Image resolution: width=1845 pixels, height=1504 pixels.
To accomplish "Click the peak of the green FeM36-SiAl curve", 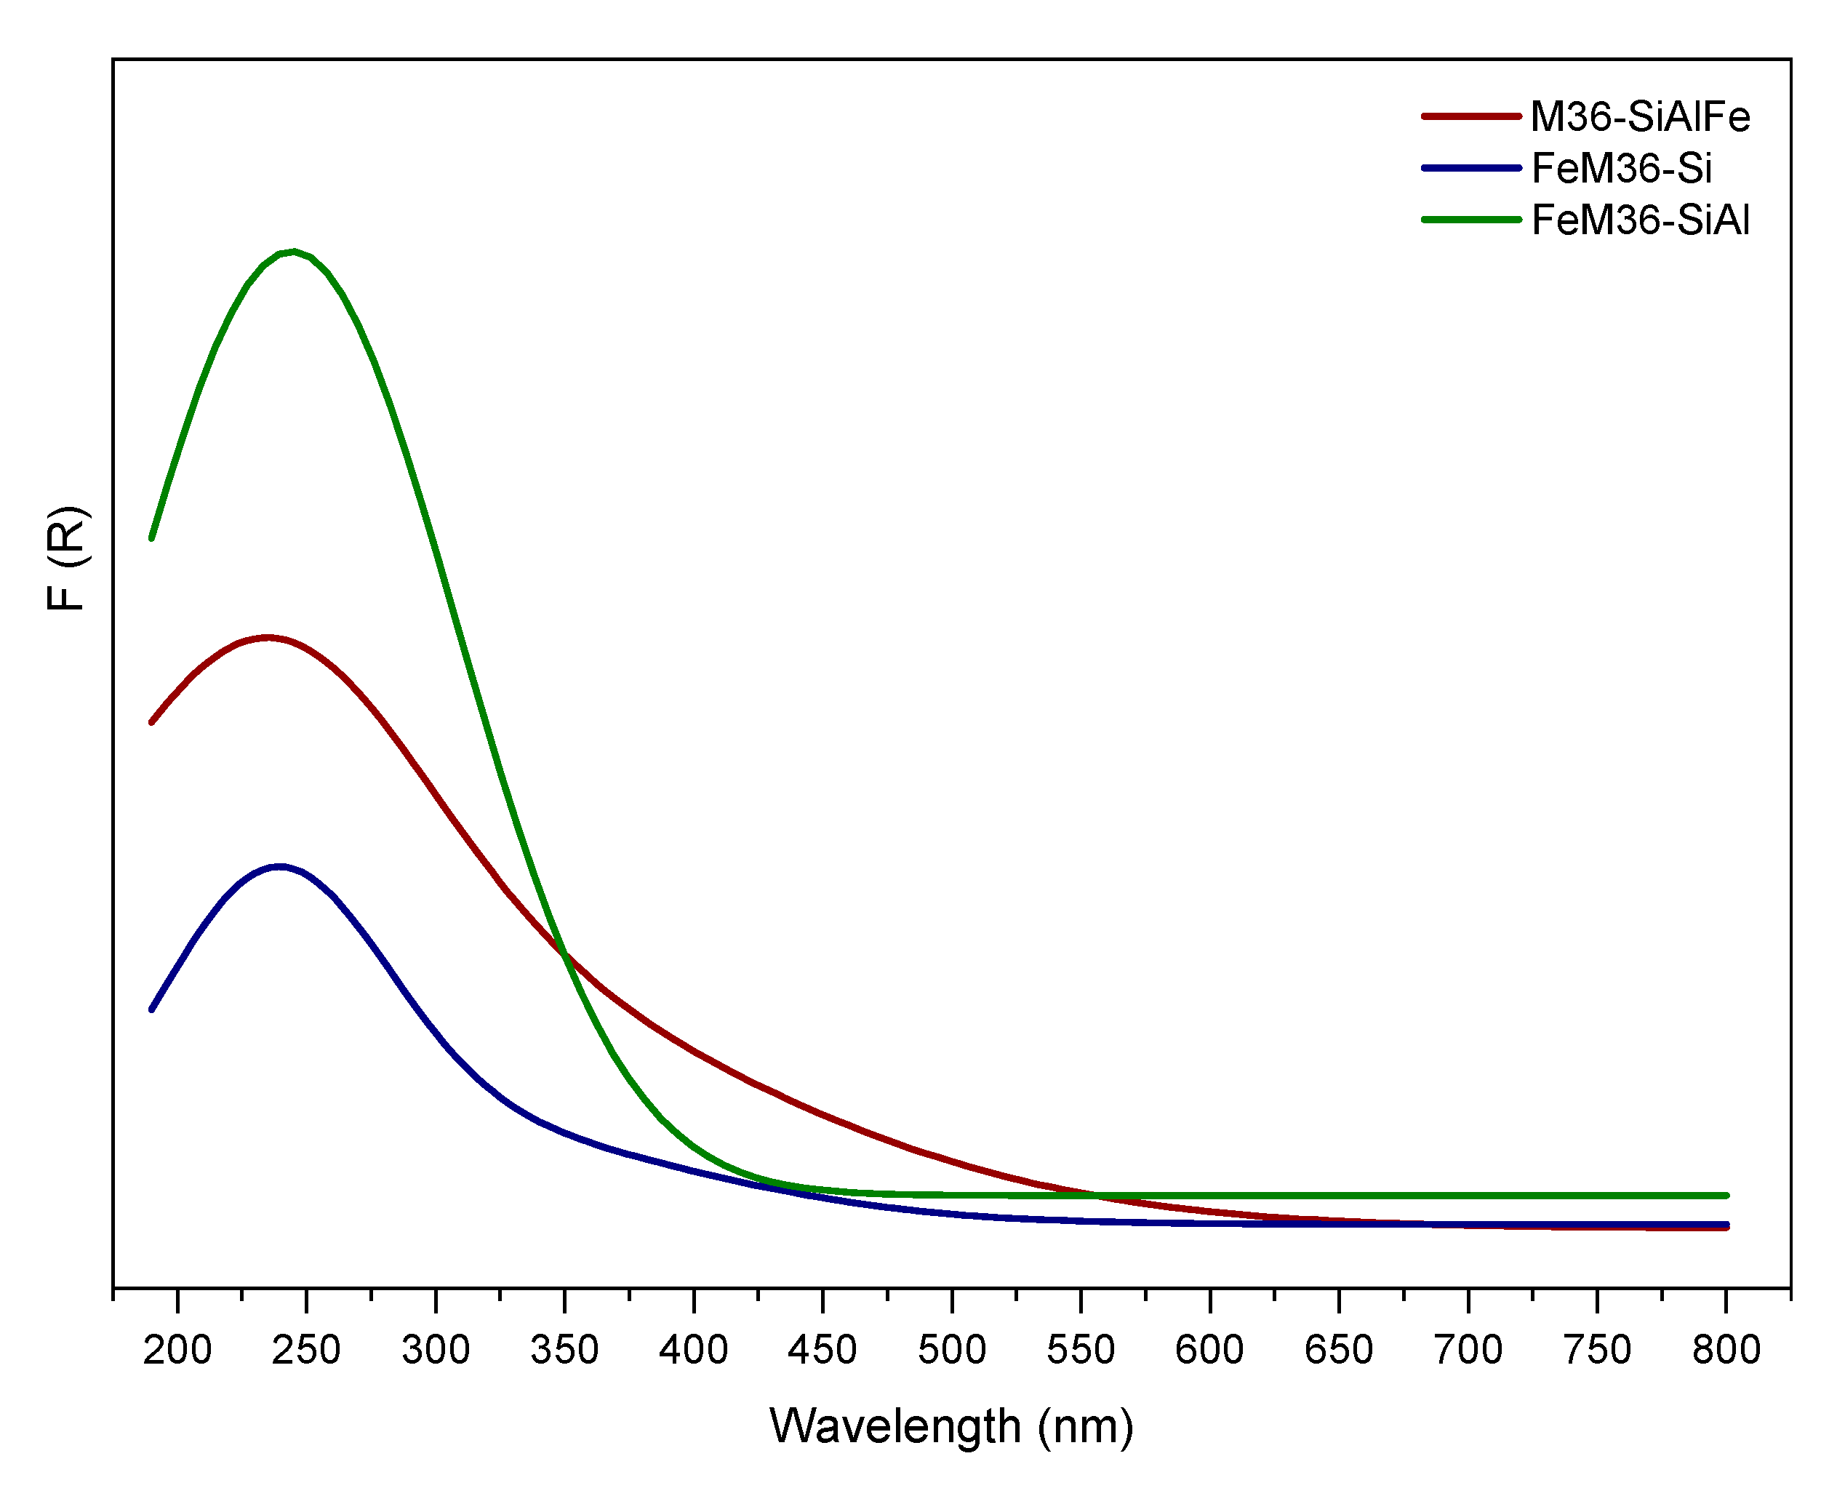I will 295,252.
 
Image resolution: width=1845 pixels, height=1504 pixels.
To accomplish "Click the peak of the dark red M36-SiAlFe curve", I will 267,638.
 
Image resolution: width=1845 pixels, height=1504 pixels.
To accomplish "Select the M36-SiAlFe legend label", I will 1640,117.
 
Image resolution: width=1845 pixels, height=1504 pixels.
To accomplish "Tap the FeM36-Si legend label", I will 1621,168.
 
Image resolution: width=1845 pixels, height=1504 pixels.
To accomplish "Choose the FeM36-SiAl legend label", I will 1640,220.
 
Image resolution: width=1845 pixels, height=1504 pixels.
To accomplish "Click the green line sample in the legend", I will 1470,220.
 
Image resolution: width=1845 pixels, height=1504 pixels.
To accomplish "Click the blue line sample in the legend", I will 1470,168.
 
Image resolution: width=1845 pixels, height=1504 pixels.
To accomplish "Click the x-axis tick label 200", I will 177,1351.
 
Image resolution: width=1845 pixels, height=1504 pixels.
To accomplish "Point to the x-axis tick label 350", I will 565,1351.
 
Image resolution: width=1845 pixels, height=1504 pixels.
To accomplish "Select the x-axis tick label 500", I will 952,1351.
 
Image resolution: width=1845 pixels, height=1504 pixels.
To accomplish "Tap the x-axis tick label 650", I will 1339,1351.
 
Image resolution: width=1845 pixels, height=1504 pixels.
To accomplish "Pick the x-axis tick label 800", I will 1726,1351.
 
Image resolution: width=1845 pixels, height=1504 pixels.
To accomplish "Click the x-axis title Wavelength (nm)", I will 951,1427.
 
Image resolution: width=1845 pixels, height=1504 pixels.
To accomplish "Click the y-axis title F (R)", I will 67,558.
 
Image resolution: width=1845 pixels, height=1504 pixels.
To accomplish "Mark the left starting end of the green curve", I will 151,538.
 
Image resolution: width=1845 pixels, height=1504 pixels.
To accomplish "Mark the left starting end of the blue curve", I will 151,1009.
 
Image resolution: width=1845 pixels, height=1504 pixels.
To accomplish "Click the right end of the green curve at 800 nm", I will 1726,1196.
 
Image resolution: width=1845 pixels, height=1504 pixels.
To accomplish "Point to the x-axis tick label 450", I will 823,1351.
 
